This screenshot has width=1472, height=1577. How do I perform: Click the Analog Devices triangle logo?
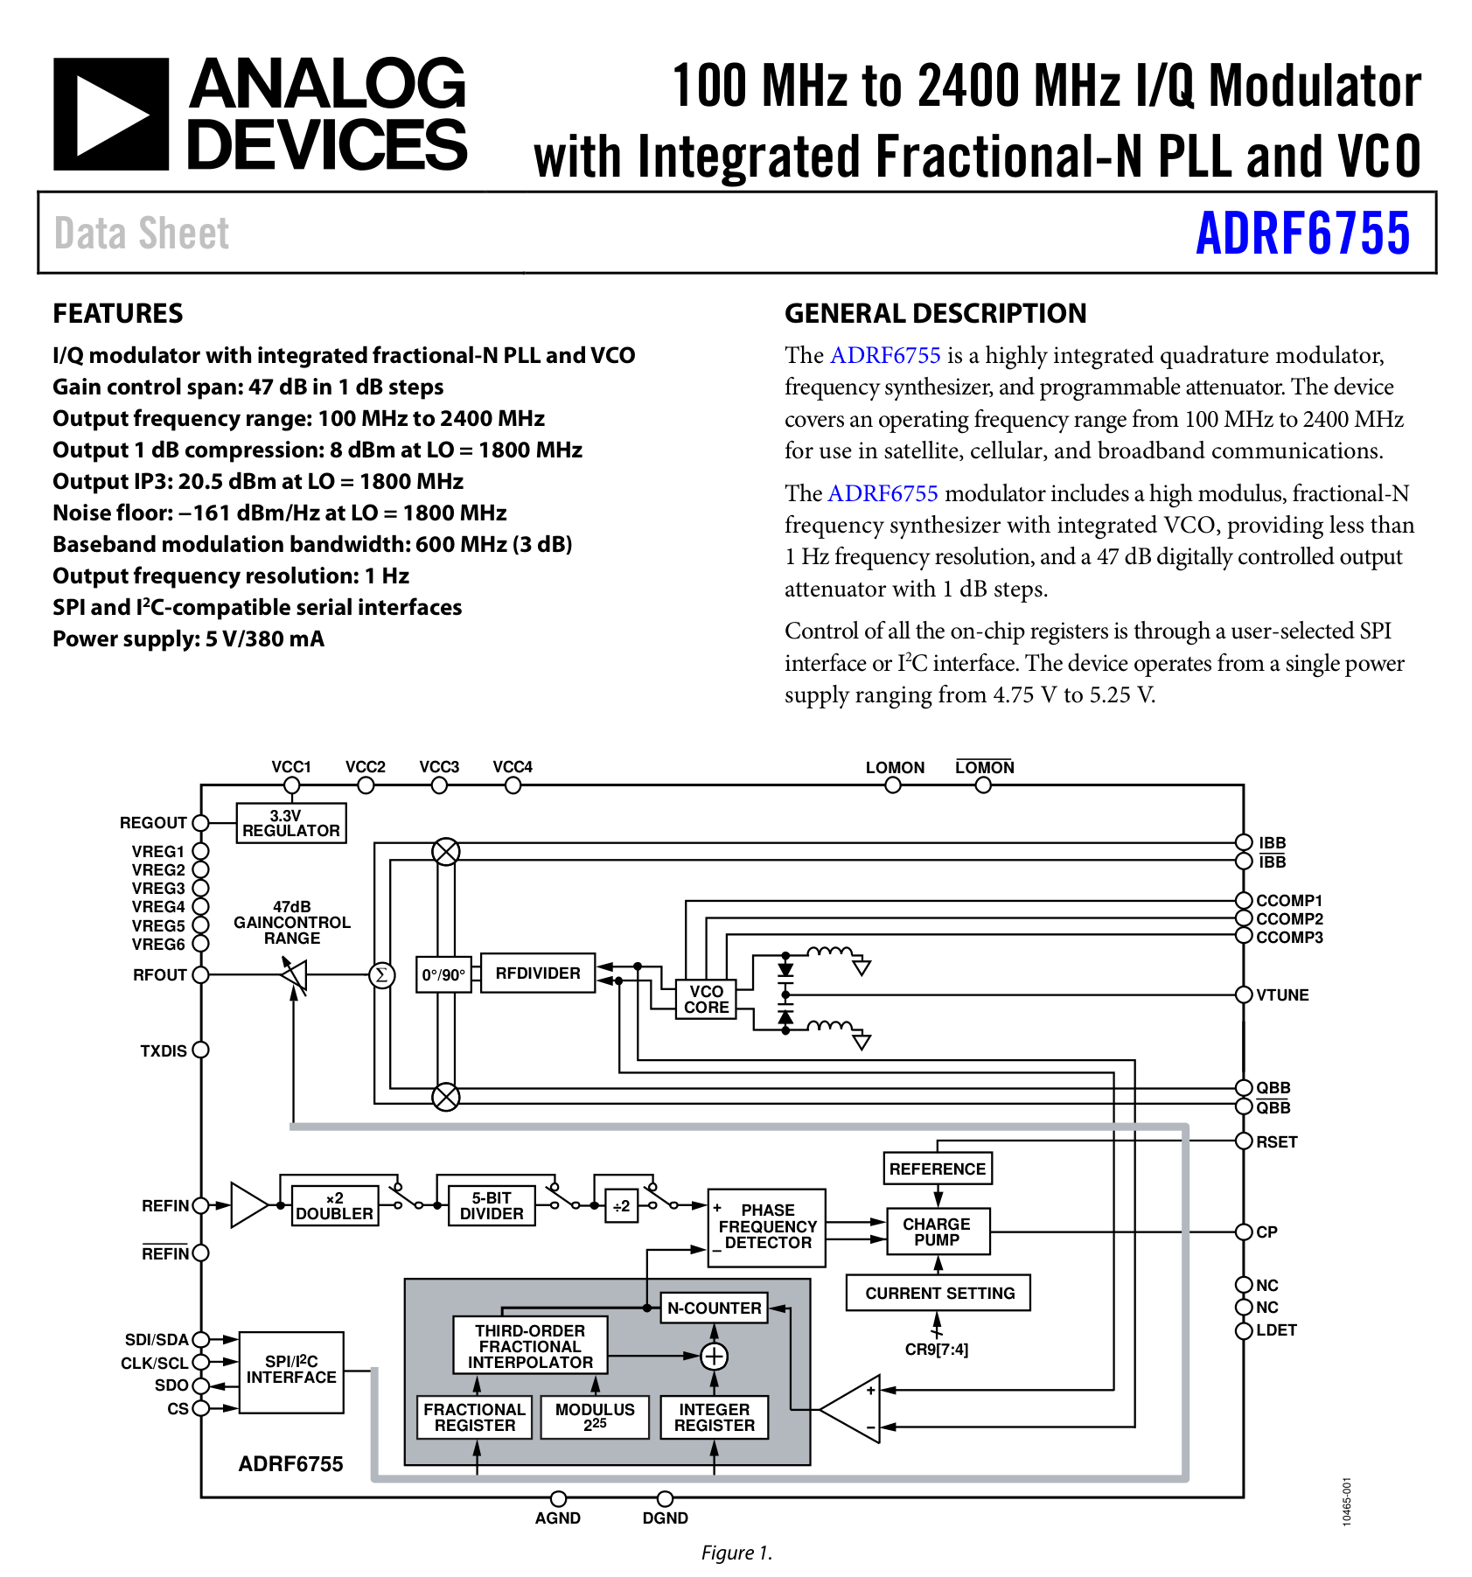pos(111,114)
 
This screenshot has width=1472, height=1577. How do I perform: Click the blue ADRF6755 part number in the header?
pos(1302,234)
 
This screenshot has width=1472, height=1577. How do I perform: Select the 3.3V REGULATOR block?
pos(291,823)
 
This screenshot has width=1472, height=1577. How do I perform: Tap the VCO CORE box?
pos(706,999)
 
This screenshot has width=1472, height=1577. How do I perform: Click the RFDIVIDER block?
pos(537,973)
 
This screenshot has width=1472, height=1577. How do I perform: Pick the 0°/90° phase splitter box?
pos(443,974)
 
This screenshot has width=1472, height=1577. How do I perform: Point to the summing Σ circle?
pos(381,974)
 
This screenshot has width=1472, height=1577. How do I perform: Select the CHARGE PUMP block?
pos(937,1232)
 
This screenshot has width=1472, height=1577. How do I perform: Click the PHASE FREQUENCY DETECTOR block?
pos(767,1227)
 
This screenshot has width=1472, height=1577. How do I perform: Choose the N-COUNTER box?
pos(714,1308)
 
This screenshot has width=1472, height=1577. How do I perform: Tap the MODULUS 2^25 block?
pos(595,1417)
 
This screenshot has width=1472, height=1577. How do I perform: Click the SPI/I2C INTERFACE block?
pos(291,1371)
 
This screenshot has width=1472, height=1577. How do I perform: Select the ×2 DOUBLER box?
pos(334,1206)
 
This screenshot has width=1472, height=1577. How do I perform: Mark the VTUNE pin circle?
pos(1243,994)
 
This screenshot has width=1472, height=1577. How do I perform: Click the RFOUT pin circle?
pos(201,974)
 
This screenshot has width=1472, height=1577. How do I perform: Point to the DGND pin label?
pos(665,1518)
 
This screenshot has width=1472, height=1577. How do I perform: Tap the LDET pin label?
pos(1276,1330)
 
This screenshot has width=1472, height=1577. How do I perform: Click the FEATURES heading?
pos(118,313)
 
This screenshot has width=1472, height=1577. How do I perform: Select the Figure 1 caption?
pos(736,1553)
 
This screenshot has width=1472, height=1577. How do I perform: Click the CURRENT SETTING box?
pos(938,1293)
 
